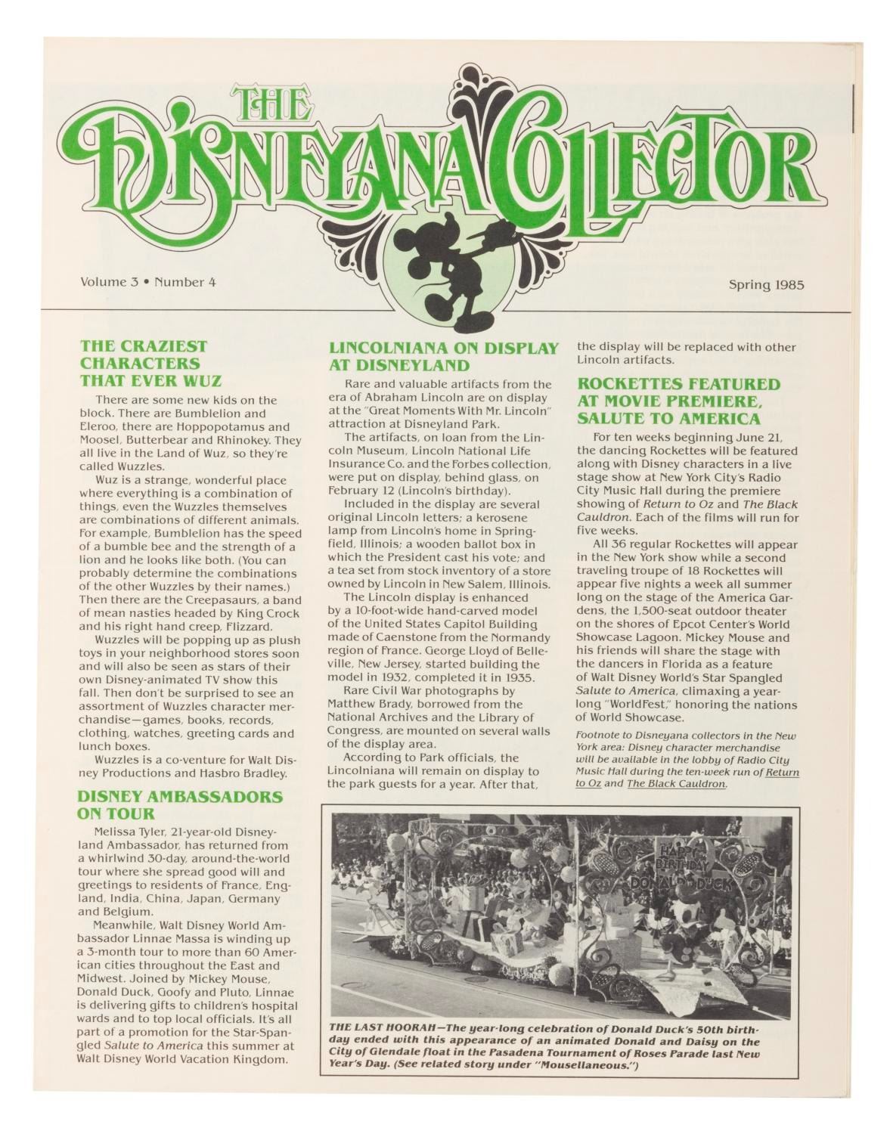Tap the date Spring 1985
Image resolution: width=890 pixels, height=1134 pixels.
click(765, 285)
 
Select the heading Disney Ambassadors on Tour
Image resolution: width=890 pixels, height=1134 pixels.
click(181, 804)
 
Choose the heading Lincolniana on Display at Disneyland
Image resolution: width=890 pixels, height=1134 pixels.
click(443, 356)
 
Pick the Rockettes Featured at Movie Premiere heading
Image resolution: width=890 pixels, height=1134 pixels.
click(679, 401)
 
